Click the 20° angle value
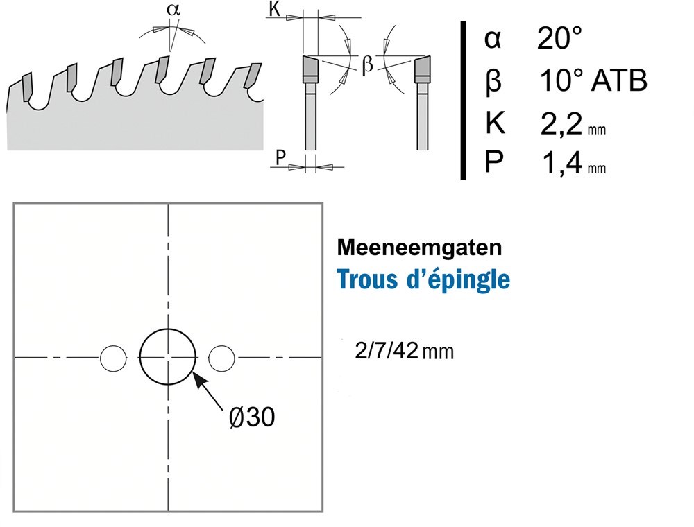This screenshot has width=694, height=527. [x=559, y=40]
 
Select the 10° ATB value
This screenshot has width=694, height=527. [x=593, y=81]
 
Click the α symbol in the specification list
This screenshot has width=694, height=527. [x=492, y=40]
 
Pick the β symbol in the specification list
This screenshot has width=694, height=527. [x=492, y=82]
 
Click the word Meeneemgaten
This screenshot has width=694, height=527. [x=400, y=248]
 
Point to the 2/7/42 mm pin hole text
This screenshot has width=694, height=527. [x=403, y=351]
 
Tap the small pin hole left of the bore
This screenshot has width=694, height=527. [x=113, y=357]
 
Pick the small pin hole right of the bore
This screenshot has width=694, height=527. [x=222, y=357]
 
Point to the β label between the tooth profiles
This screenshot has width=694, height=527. [x=368, y=66]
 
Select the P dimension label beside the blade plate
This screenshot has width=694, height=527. [x=280, y=158]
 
